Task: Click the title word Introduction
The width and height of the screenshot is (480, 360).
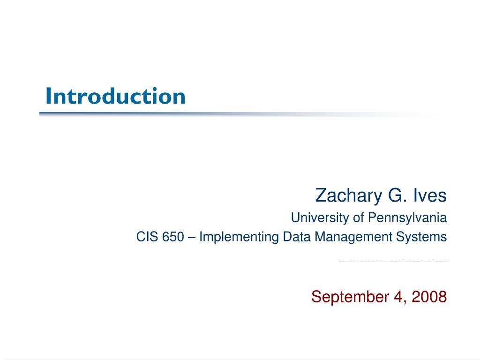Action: pyautogui.click(x=115, y=96)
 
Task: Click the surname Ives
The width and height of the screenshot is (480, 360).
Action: pyautogui.click(x=430, y=195)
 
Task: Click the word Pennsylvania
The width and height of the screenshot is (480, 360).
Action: pyautogui.click(x=407, y=218)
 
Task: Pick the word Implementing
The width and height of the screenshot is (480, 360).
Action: pyautogui.click(x=239, y=237)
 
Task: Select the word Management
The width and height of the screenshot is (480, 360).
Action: pyautogui.click(x=353, y=237)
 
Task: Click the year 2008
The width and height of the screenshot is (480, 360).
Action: pyautogui.click(x=429, y=297)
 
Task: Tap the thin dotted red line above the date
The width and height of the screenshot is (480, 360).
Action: pyautogui.click(x=393, y=262)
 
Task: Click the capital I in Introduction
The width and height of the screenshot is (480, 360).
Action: pyautogui.click(x=48, y=96)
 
